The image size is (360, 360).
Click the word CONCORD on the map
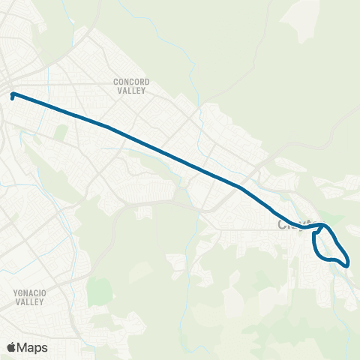[x=131, y=81]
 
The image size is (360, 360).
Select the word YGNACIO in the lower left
[x=31, y=293]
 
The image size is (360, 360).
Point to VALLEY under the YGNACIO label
[x=31, y=301]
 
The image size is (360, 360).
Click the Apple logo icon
[x=11, y=347]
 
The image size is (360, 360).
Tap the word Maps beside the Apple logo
[x=33, y=347]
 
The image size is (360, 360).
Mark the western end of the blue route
[x=13, y=95]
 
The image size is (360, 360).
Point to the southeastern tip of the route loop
[x=346, y=262]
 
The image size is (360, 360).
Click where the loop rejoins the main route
[x=321, y=225]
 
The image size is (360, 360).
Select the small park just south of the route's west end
[x=61, y=132]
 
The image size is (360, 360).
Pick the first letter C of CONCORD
[x=115, y=81]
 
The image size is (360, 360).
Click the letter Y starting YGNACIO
[x=14, y=293]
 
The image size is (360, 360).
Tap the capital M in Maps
[x=23, y=347]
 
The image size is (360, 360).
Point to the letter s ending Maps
[x=46, y=348]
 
